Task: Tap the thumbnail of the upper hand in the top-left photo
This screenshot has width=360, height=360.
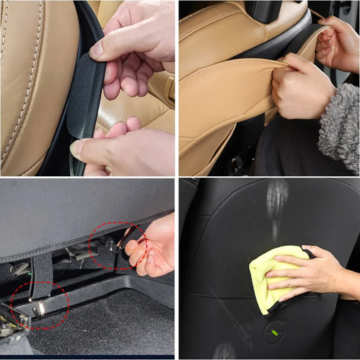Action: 97,49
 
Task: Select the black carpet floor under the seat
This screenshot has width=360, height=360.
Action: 101,331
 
